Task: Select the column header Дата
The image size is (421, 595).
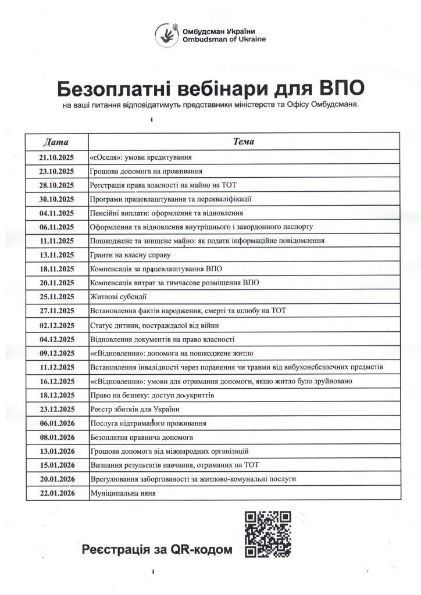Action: click(56, 142)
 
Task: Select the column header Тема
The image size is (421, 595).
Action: click(243, 142)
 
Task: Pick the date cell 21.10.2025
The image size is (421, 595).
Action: click(56, 157)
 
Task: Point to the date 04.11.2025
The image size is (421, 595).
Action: click(56, 213)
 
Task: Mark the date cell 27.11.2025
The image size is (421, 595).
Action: click(56, 311)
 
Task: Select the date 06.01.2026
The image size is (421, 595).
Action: click(56, 422)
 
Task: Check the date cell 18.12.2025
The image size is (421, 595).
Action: click(56, 395)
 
